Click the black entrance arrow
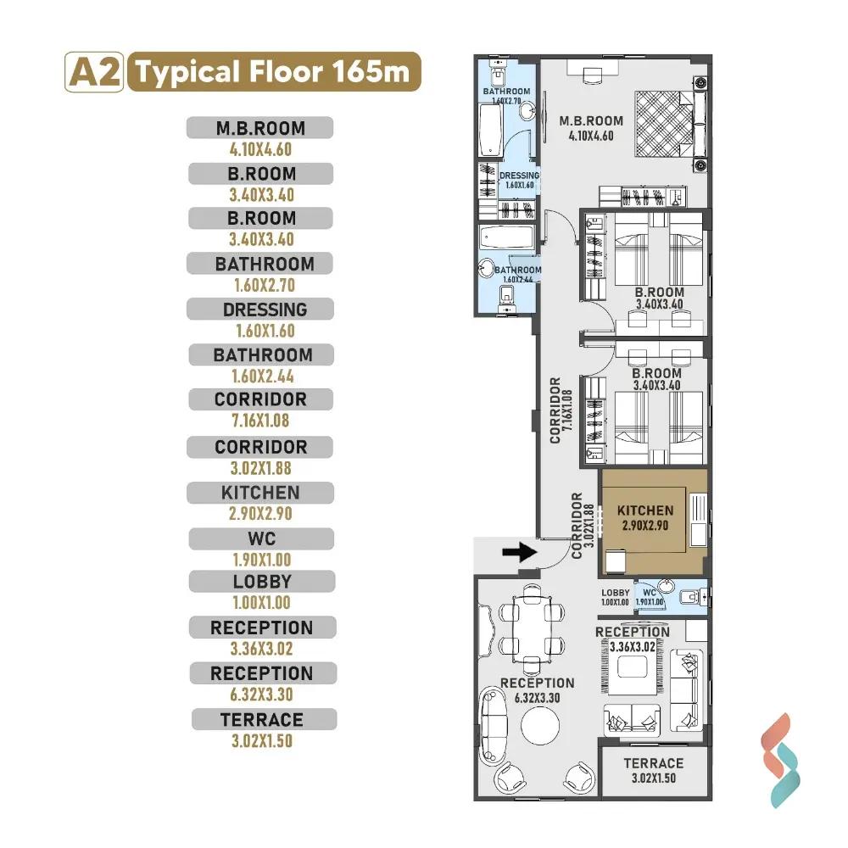click(x=519, y=552)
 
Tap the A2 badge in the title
click(x=94, y=72)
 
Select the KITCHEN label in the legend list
click(x=260, y=493)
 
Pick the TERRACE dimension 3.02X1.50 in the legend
click(x=262, y=741)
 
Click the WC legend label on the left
click(x=262, y=538)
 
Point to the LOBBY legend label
click(x=262, y=582)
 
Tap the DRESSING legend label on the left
click(x=265, y=310)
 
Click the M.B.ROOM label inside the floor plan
click(x=591, y=120)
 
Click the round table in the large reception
click(x=540, y=725)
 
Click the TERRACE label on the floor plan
click(x=653, y=763)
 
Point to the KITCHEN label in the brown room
click(x=645, y=510)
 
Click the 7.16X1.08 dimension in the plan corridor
click(x=567, y=410)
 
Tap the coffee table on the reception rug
click(x=633, y=667)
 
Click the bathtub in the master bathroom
click(x=491, y=131)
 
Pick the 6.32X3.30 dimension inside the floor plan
click(x=537, y=698)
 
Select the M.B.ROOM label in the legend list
click(x=260, y=128)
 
